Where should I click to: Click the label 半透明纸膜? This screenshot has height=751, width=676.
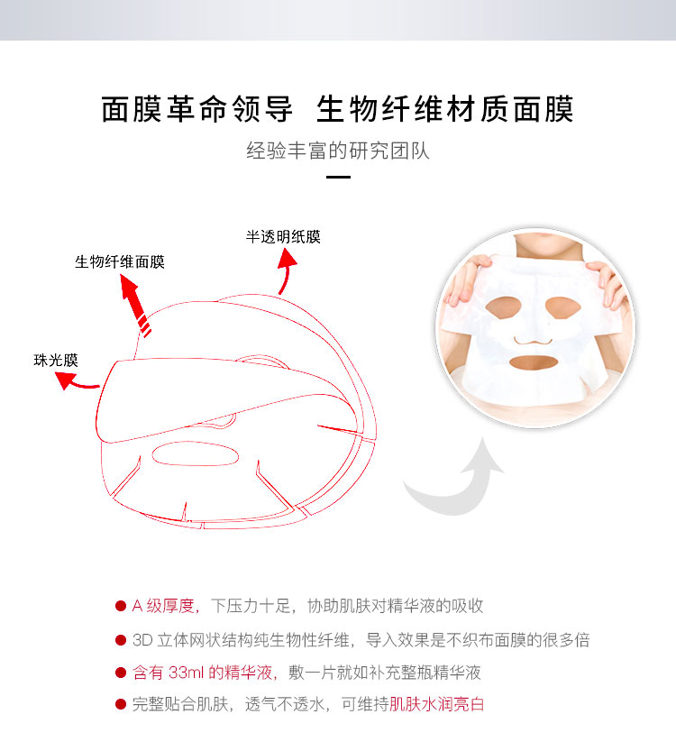tap(283, 237)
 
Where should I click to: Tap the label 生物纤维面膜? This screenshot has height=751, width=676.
tap(120, 262)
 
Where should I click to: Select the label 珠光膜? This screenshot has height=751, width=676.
tap(56, 360)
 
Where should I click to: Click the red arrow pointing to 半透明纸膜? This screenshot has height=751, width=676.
tap(286, 271)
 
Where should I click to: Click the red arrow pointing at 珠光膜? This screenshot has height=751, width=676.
tap(78, 381)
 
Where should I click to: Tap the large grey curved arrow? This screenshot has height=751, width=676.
tap(455, 477)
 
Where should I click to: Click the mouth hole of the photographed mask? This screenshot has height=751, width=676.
tap(535, 365)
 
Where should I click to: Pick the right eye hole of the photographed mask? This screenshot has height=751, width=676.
tap(568, 308)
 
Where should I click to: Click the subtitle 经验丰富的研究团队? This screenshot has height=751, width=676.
tap(338, 150)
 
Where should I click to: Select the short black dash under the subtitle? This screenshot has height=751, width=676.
tap(338, 178)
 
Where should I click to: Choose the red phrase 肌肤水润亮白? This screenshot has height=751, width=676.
tap(437, 705)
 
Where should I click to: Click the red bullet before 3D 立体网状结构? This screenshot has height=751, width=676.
tap(120, 639)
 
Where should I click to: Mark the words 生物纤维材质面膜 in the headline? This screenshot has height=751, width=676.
tap(445, 109)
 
